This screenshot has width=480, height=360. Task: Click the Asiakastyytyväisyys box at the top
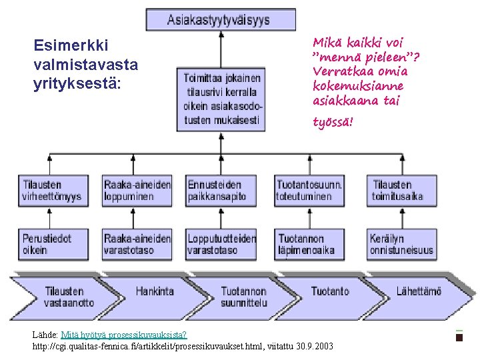(221, 19)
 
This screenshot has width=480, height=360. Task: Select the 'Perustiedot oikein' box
(53, 243)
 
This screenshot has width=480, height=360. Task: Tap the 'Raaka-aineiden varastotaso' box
(137, 243)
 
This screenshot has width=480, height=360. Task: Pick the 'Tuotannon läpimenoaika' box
(309, 243)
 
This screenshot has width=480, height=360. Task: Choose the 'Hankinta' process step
(155, 291)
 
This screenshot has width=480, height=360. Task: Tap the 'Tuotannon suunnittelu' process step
(243, 297)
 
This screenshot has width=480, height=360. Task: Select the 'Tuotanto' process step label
(329, 291)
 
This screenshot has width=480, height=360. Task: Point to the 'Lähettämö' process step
(419, 291)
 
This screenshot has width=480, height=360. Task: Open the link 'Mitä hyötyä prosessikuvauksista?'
(123, 334)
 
